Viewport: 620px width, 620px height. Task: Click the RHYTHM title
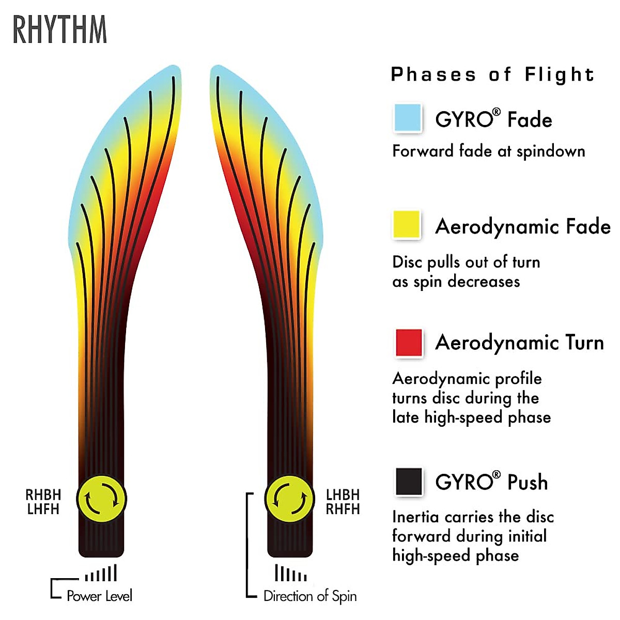(60, 30)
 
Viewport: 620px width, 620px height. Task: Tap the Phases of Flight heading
(492, 75)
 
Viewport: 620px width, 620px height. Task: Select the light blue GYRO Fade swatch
(407, 118)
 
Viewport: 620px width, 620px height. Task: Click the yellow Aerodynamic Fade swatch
(407, 224)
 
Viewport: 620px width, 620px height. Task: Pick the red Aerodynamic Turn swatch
(408, 342)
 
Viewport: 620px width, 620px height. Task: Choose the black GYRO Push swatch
(408, 482)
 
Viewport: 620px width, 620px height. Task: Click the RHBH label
(43, 494)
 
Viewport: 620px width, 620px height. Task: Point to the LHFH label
(43, 509)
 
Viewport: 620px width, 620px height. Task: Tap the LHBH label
(343, 494)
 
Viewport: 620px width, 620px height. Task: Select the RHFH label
(343, 509)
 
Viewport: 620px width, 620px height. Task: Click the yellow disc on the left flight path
(102, 499)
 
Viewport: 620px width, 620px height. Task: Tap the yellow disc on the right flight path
(289, 499)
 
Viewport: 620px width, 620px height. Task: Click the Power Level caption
(99, 596)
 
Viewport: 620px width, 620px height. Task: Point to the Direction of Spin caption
(310, 596)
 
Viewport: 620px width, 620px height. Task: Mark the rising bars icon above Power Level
(101, 574)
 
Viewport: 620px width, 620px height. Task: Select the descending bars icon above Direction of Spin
(290, 574)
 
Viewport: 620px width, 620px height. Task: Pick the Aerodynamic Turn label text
(519, 343)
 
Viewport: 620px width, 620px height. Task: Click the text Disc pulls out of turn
(466, 262)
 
